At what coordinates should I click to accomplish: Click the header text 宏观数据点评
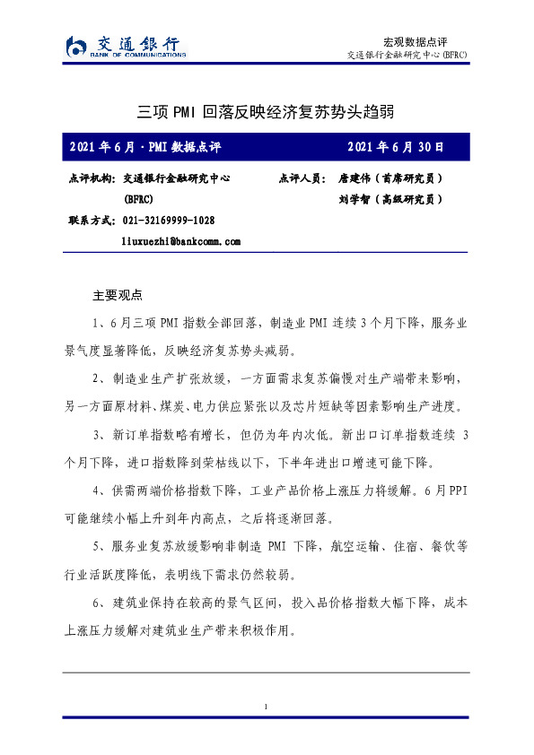point(415,41)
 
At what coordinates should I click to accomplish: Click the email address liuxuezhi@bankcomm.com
point(181,241)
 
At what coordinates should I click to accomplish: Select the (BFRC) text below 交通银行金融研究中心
point(138,199)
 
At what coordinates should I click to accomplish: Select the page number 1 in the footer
point(267,708)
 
